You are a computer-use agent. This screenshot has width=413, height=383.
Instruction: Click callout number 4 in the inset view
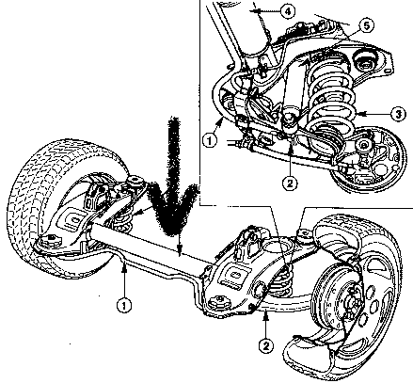(x=288, y=11)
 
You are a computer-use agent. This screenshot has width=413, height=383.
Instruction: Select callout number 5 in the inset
(x=366, y=25)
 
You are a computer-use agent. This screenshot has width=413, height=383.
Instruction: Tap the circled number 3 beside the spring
(x=398, y=114)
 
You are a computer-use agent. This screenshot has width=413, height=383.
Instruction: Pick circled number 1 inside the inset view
(x=210, y=140)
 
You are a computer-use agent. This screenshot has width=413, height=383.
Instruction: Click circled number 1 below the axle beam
(x=124, y=304)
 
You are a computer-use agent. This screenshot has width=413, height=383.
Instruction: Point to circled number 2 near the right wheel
(x=266, y=345)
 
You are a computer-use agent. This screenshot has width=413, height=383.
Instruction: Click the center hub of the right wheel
(x=351, y=302)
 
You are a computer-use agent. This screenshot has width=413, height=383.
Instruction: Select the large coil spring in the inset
(x=331, y=104)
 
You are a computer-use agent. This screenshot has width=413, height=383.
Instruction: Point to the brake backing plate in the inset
(x=370, y=160)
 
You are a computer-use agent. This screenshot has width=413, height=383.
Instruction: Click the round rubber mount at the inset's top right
(x=365, y=62)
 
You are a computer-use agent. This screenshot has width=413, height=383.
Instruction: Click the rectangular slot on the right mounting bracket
(x=233, y=275)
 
